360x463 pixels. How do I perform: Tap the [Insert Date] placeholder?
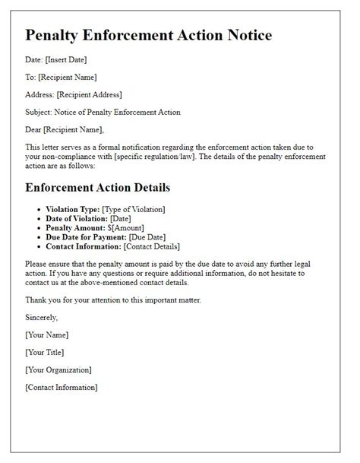pyautogui.click(x=68, y=59)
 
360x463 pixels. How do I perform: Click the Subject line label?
pyautogui.click(x=39, y=112)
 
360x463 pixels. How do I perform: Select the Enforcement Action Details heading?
pyautogui.click(x=98, y=187)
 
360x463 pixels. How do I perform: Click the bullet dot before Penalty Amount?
pyautogui.click(x=39, y=228)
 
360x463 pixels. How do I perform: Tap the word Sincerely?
pyautogui.click(x=41, y=317)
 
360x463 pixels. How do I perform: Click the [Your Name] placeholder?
pyautogui.click(x=47, y=335)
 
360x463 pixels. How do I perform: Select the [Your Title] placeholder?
pyautogui.click(x=45, y=352)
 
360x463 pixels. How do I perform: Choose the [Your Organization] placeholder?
pyautogui.click(x=58, y=369)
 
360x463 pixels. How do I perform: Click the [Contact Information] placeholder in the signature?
pyautogui.click(x=62, y=387)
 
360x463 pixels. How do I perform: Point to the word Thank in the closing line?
pyautogui.click(x=36, y=299)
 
